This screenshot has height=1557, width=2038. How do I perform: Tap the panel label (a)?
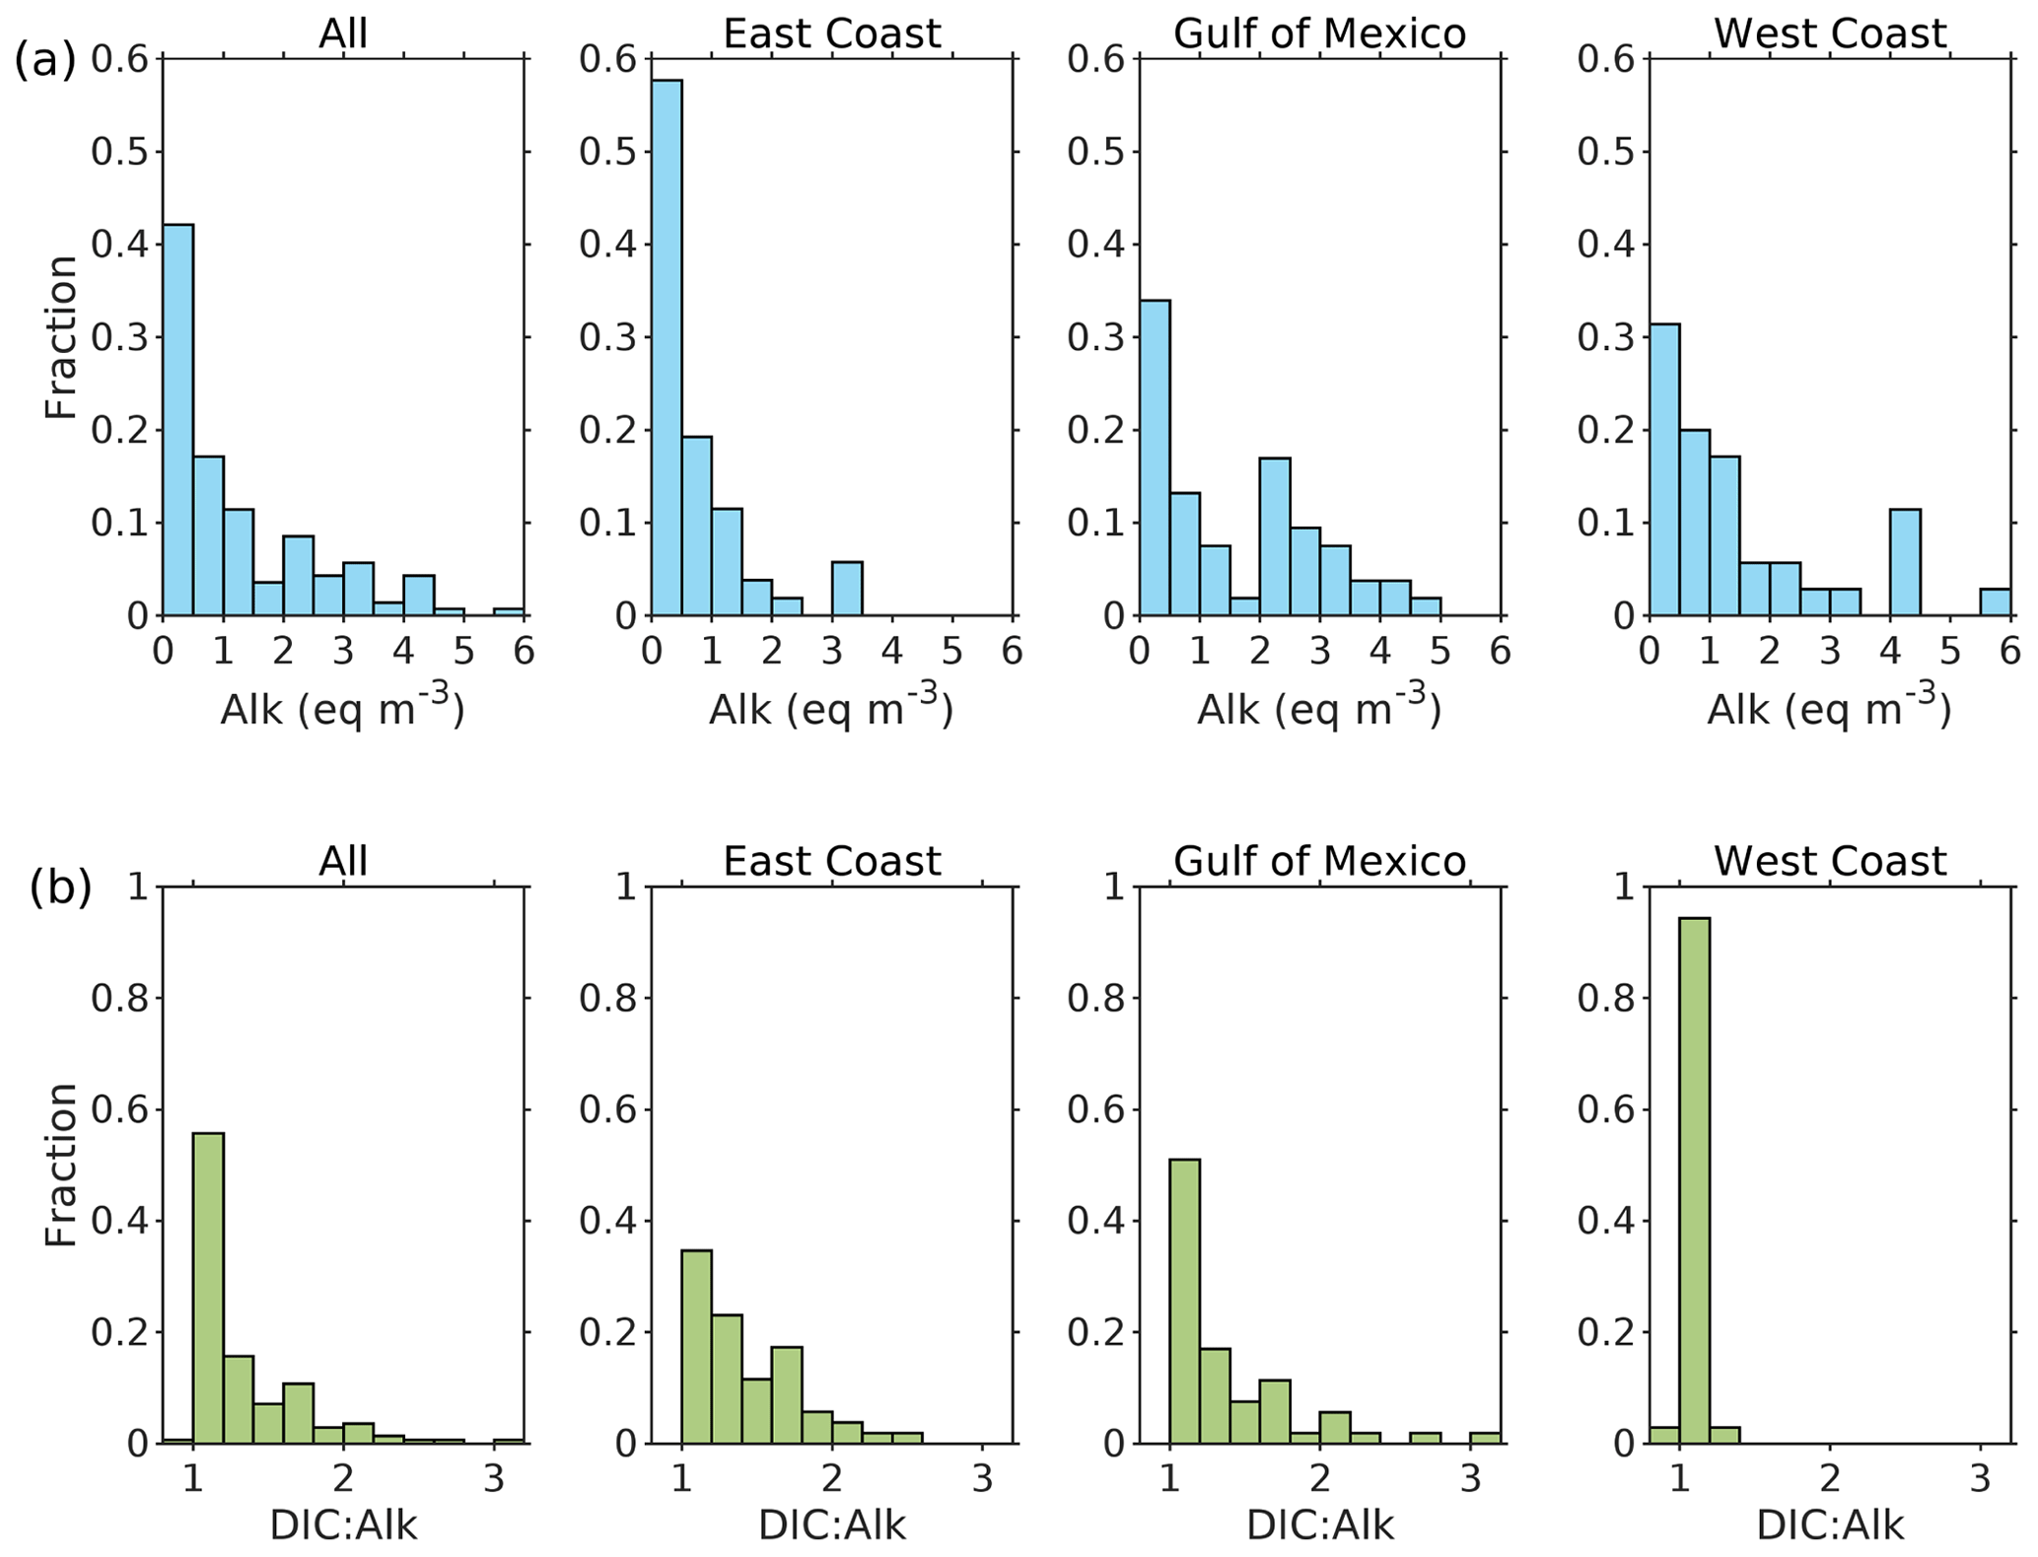pyautogui.click(x=44, y=60)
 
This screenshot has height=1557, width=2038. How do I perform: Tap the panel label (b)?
pyautogui.click(x=60, y=887)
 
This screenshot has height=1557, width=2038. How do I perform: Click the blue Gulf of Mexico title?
pyautogui.click(x=1319, y=34)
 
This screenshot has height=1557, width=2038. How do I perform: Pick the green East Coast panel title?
pyautogui.click(x=831, y=861)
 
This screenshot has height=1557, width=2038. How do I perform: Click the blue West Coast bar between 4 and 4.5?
pyautogui.click(x=1904, y=562)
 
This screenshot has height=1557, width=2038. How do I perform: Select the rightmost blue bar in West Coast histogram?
pyautogui.click(x=1995, y=602)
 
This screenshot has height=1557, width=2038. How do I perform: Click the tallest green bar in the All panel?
pyautogui.click(x=208, y=1288)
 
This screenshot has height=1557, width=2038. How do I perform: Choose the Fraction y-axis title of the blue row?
pyautogui.click(x=61, y=337)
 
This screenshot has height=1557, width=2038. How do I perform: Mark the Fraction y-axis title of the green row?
pyautogui.click(x=61, y=1165)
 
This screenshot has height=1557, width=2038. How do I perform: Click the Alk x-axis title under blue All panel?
pyautogui.click(x=342, y=708)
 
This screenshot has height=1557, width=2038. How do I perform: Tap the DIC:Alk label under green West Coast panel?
pyautogui.click(x=1829, y=1524)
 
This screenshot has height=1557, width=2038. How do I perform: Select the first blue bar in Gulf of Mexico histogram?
pyautogui.click(x=1155, y=458)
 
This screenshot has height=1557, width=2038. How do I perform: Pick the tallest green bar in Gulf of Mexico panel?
pyautogui.click(x=1184, y=1302)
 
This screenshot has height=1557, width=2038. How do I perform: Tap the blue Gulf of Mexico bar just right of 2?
pyautogui.click(x=1274, y=536)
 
